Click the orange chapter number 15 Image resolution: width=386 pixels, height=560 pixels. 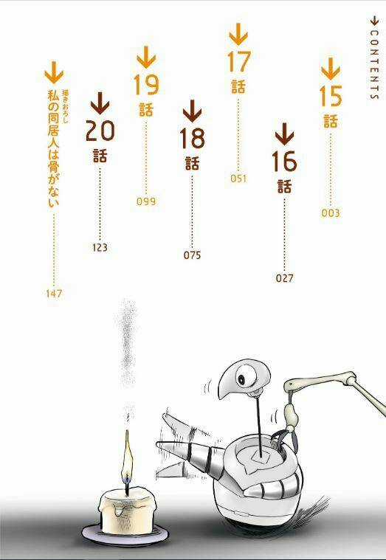[x=331, y=97]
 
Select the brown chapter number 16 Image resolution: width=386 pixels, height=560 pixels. [x=284, y=160]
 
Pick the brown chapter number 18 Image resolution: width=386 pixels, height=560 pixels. [x=192, y=138]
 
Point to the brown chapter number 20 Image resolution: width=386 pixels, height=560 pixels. [x=100, y=131]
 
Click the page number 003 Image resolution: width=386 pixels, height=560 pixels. [x=331, y=213]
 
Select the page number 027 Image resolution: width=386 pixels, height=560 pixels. [x=284, y=278]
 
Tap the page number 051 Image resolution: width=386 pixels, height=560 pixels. [x=238, y=178]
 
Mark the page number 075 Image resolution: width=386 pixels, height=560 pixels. [x=192, y=255]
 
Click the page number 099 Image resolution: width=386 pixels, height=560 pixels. [x=146, y=201]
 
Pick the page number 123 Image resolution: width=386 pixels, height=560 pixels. [x=100, y=247]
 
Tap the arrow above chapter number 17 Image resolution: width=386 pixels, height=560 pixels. [x=238, y=33]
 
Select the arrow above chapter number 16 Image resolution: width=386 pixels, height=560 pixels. [x=284, y=134]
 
